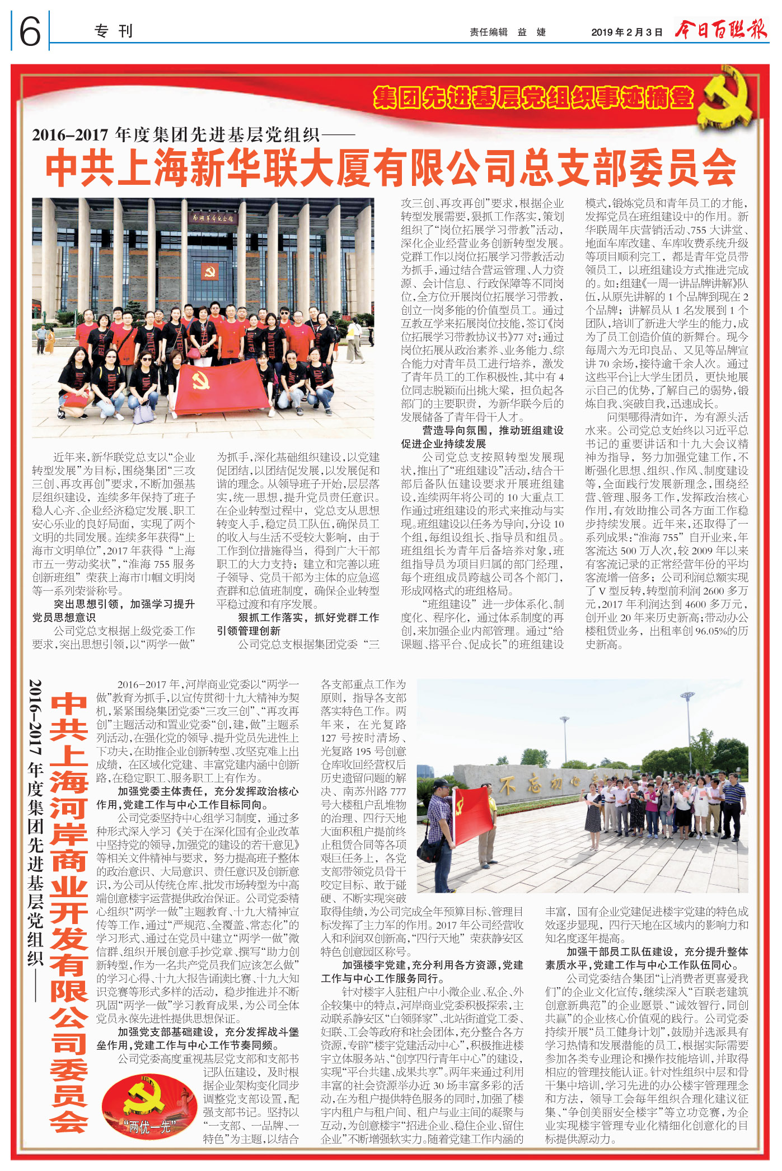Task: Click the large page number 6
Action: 30,31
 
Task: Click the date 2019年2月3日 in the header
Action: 626,32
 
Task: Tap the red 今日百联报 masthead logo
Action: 720,29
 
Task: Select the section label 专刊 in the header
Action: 114,31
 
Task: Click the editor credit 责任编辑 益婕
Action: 507,32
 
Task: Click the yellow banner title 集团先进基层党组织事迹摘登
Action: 532,98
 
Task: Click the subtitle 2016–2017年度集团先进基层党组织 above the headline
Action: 193,135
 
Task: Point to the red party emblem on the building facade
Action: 210,273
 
